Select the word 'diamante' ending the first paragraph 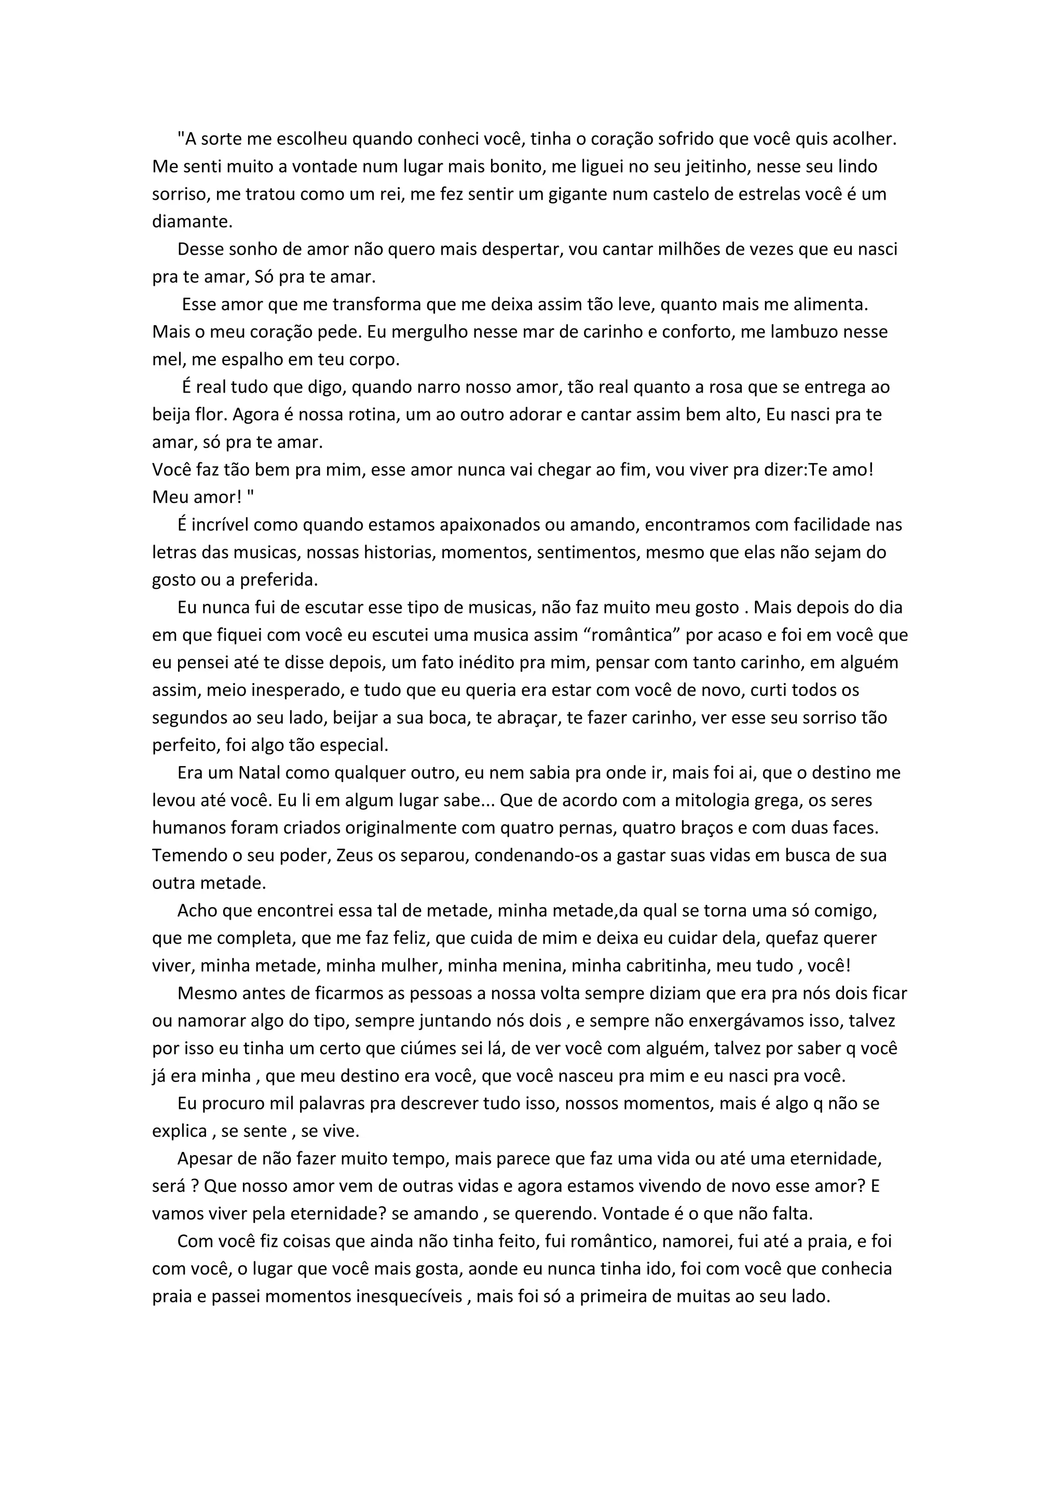pyautogui.click(x=191, y=222)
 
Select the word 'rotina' pyautogui.click(x=369, y=415)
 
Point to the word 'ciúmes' pyautogui.click(x=428, y=1048)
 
